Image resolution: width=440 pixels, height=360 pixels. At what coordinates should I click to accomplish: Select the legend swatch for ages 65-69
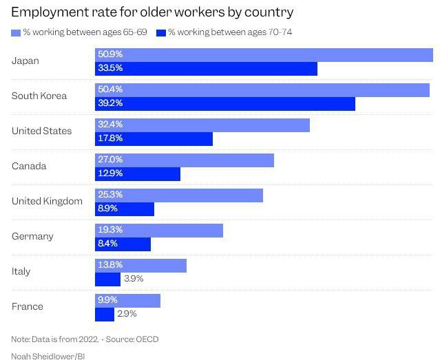[16, 32]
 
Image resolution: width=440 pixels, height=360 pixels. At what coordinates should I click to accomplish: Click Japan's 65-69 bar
[264, 55]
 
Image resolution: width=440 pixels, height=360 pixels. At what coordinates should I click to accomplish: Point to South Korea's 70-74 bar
[225, 103]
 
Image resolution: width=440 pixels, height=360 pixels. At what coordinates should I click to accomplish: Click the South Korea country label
[39, 96]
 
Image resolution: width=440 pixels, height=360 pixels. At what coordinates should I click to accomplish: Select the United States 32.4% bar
[202, 125]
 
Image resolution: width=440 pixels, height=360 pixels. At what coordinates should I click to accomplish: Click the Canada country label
[29, 166]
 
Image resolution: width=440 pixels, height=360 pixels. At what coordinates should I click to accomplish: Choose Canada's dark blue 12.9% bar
[138, 173]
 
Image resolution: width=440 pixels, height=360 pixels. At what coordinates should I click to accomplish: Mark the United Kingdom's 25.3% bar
[179, 195]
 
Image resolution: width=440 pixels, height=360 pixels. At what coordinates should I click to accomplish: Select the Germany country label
[32, 236]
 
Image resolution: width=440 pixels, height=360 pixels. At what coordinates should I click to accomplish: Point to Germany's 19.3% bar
[159, 231]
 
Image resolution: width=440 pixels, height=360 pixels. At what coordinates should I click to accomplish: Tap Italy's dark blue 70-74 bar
[107, 279]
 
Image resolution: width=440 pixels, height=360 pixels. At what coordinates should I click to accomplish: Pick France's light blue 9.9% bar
[127, 301]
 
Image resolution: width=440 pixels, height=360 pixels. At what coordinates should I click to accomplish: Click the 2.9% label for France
[127, 314]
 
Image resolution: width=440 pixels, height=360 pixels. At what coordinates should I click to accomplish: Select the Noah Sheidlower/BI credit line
[48, 356]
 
